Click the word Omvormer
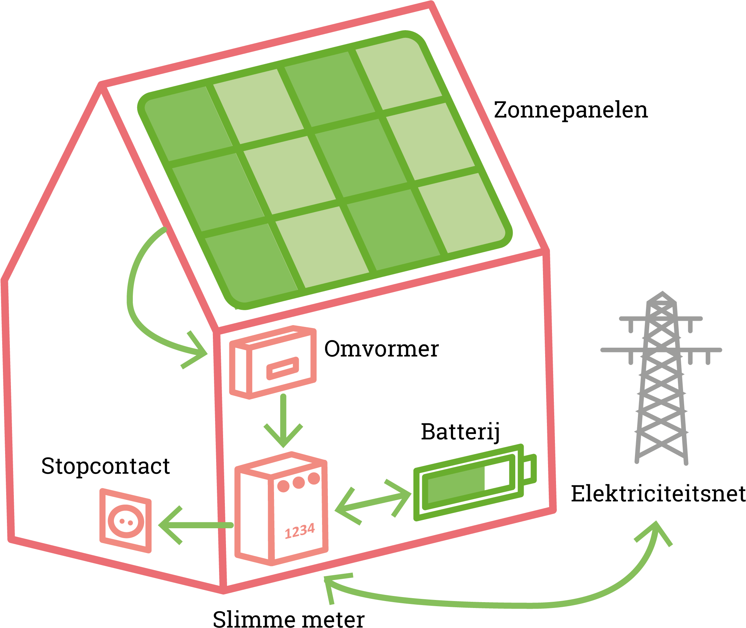[x=381, y=349]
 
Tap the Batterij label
[x=460, y=432]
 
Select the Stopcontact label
[x=106, y=466]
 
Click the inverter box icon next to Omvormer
[x=273, y=362]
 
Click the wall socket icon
[x=126, y=521]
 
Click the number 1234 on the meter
[x=299, y=532]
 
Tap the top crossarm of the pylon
[x=661, y=319]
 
